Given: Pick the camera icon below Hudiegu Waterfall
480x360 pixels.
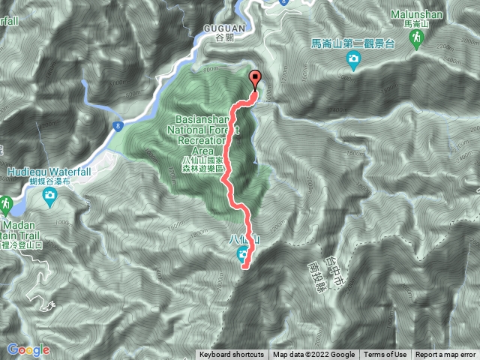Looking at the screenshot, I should point(49,197).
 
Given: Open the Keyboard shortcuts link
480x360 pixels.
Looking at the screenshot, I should point(231,355).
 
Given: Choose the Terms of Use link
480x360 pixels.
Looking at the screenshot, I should point(385,355).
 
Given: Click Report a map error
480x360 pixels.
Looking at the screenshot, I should point(445,355).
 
